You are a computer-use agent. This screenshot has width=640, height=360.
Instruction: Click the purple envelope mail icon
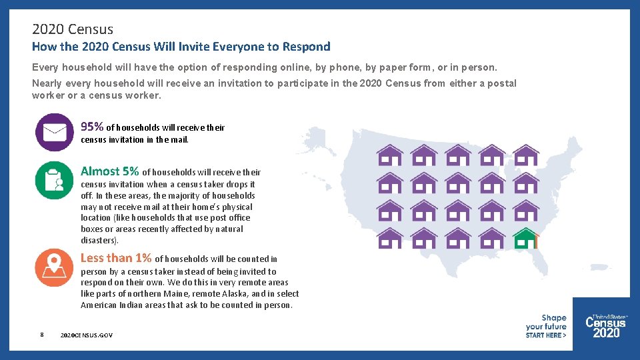[55, 132]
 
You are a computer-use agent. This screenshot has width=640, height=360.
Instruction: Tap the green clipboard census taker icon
[55, 181]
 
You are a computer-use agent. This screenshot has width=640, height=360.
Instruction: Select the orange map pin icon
[55, 267]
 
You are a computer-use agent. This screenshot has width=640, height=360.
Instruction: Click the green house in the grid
[526, 237]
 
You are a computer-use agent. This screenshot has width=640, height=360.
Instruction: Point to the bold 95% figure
[92, 127]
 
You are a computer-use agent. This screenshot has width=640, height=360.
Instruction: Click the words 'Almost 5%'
[109, 171]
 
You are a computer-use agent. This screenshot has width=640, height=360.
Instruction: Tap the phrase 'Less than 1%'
[116, 258]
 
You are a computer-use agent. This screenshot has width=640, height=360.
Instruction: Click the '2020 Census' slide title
[73, 29]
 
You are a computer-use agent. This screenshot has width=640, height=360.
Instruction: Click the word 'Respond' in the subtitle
[306, 47]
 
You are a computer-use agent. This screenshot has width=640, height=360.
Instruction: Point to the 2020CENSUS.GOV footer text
[86, 335]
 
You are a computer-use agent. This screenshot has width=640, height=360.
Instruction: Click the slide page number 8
[42, 335]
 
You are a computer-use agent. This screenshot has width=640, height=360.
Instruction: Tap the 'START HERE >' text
[545, 335]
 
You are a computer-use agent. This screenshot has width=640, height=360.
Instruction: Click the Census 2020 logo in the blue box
[606, 326]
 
